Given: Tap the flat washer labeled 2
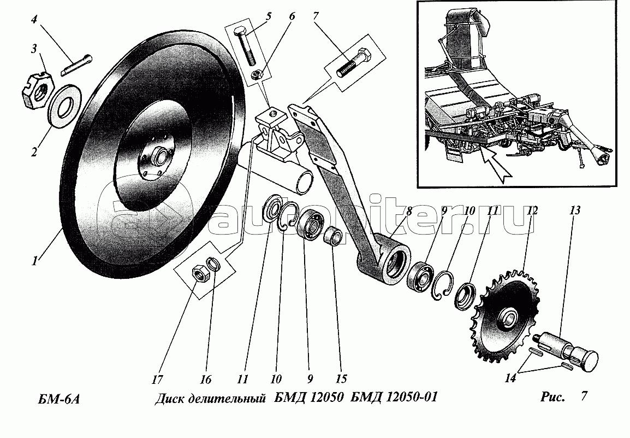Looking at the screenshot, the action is pos(64,107).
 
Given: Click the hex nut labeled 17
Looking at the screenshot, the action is pos(198,276).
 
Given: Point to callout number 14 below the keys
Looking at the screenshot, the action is pos(509,379).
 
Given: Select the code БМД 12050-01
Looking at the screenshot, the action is pos(394,398).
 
